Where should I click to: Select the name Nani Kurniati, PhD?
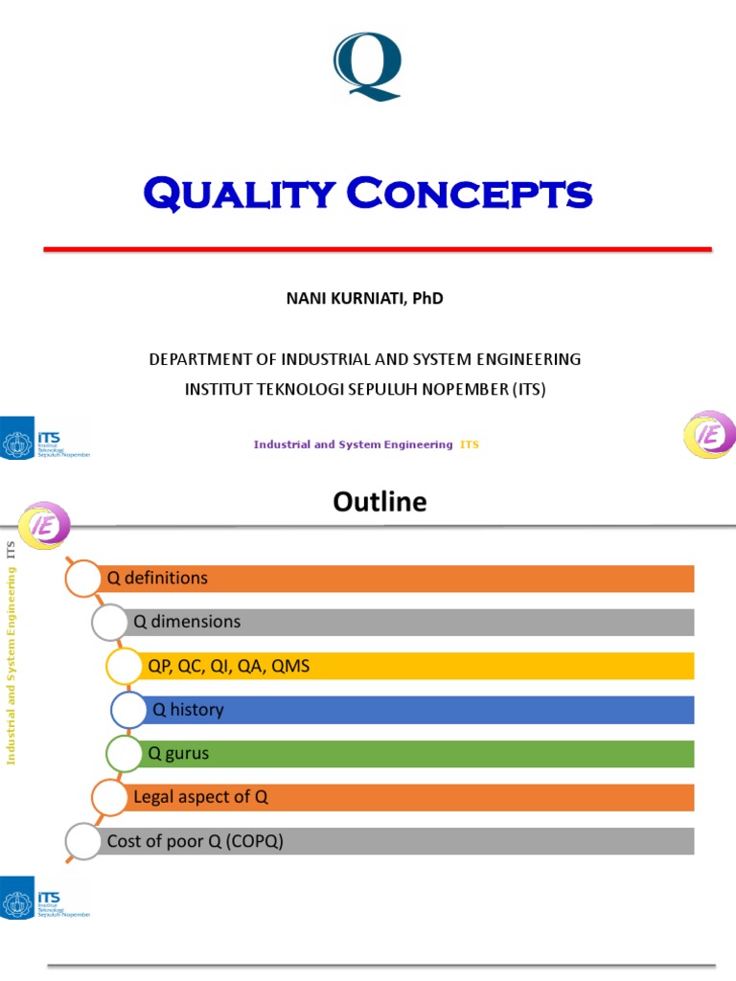(365, 298)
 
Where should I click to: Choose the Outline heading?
(379, 501)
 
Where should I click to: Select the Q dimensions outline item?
(187, 622)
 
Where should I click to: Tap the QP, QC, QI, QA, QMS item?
(228, 666)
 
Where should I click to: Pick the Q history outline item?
(188, 710)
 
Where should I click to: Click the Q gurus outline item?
(178, 754)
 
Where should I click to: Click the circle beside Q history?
(129, 710)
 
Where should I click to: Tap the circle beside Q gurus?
(125, 754)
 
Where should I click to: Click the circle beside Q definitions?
(82, 578)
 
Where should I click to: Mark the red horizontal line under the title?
(378, 249)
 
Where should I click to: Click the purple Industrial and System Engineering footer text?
(353, 445)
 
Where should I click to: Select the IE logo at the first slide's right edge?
(709, 435)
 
